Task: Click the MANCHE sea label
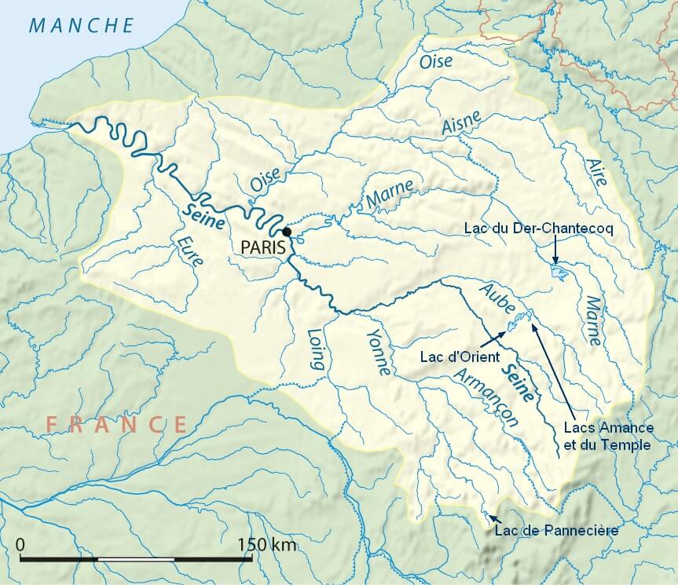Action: pyautogui.click(x=82, y=25)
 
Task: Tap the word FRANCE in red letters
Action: pyautogui.click(x=116, y=424)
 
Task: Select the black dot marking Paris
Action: pyautogui.click(x=288, y=232)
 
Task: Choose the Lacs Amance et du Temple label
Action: pyautogui.click(x=607, y=437)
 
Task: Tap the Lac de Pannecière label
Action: pyautogui.click(x=557, y=531)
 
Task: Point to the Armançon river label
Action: pyautogui.click(x=488, y=399)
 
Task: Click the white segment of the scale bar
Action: pyautogui.click(x=136, y=559)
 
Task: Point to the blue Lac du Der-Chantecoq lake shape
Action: pyautogui.click(x=559, y=273)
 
